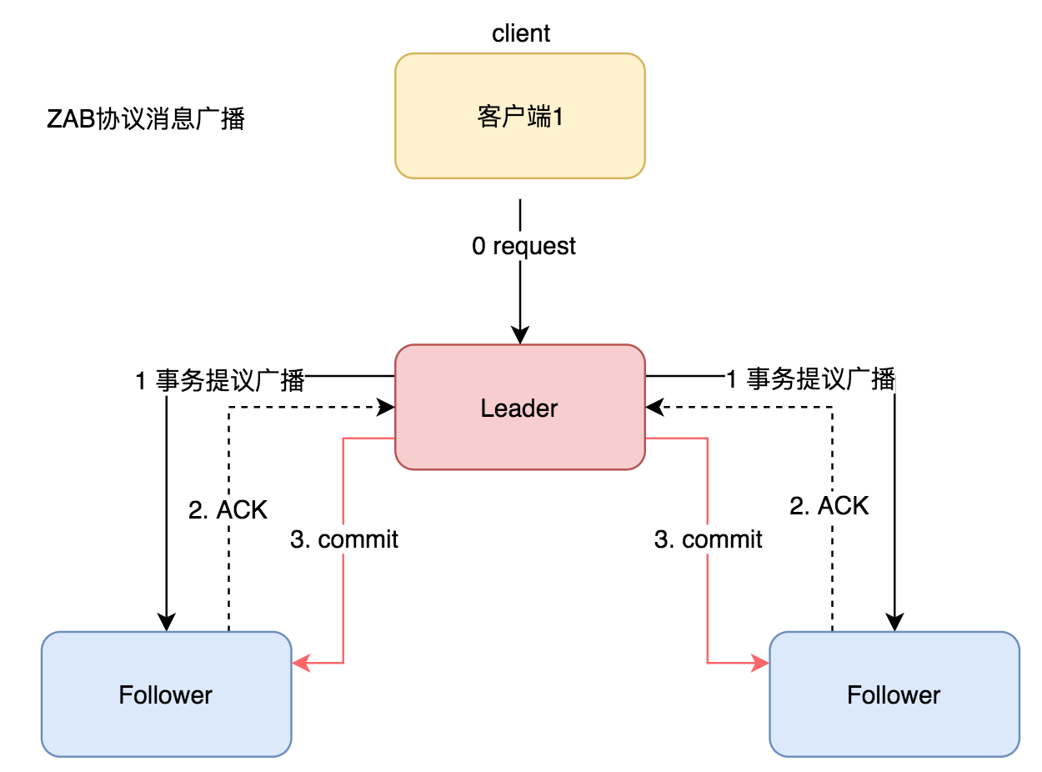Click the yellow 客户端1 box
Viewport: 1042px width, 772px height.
click(x=519, y=116)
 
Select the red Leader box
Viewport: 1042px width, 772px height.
click(x=519, y=408)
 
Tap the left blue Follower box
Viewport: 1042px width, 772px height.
click(x=166, y=694)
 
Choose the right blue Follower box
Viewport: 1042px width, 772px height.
click(x=894, y=694)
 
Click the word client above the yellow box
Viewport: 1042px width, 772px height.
click(x=521, y=33)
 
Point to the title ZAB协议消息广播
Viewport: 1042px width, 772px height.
click(x=146, y=119)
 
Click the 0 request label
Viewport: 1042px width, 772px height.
click(x=524, y=246)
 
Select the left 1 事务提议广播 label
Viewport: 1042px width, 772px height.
click(x=220, y=381)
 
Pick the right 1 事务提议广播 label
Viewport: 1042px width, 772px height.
click(x=810, y=380)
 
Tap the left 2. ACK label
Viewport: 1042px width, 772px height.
click(x=228, y=510)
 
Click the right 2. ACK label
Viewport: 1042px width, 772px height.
click(x=829, y=506)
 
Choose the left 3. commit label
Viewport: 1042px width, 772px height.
click(x=343, y=539)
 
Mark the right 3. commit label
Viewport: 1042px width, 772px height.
click(x=708, y=539)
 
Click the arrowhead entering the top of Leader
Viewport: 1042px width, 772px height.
click(x=520, y=336)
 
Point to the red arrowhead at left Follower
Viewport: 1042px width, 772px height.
click(x=301, y=663)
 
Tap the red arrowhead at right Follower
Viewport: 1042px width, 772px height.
click(x=760, y=663)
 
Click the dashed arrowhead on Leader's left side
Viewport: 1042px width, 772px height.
click(x=386, y=407)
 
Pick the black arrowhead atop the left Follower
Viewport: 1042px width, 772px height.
click(x=167, y=622)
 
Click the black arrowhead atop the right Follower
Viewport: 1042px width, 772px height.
click(x=894, y=622)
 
